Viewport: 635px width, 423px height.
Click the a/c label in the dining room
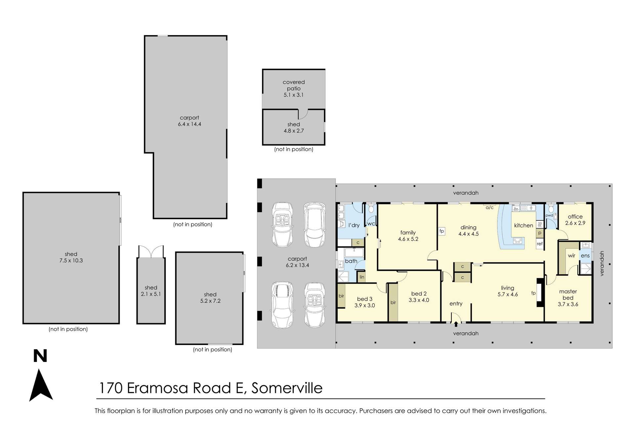[489, 208]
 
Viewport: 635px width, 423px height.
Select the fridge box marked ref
[540, 244]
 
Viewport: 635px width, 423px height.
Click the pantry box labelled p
[540, 233]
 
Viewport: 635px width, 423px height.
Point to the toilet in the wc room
[371, 209]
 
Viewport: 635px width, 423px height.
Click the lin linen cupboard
[362, 277]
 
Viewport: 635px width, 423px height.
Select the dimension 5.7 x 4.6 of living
[508, 294]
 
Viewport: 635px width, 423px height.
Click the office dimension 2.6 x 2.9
[575, 223]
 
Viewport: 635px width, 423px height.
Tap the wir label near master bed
[571, 255]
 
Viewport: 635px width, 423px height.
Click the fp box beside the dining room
[442, 231]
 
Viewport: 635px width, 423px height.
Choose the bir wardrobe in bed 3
[341, 296]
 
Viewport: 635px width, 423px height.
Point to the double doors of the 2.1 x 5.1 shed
[151, 252]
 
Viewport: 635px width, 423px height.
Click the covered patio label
[294, 85]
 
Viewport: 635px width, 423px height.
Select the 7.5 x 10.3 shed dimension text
[71, 260]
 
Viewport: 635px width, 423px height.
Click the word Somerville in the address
[287, 388]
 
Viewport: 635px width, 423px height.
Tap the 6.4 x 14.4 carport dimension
[190, 124]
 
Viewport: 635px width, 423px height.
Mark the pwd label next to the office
[549, 215]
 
